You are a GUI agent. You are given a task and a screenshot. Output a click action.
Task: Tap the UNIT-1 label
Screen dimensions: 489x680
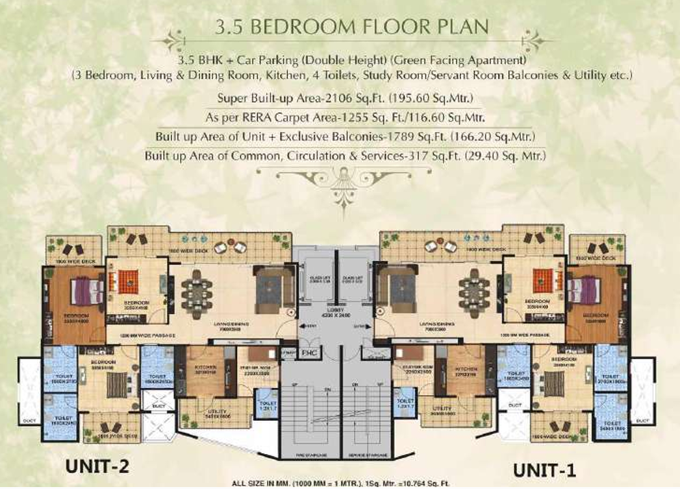[x=543, y=468]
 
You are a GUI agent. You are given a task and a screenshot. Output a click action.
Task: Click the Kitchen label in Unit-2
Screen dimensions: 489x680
[x=205, y=367]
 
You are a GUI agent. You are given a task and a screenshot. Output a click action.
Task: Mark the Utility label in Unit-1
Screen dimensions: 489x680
[x=442, y=408]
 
